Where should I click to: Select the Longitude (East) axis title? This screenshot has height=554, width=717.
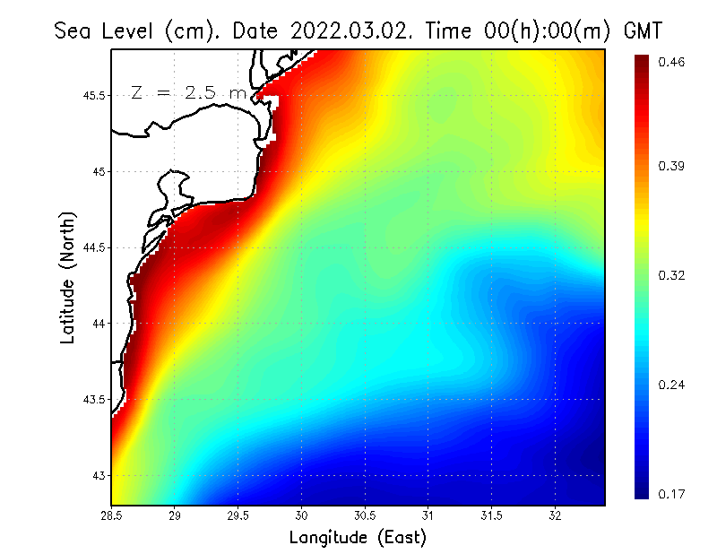click(x=358, y=538)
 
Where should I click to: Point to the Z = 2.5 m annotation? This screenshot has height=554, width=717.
click(x=188, y=93)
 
